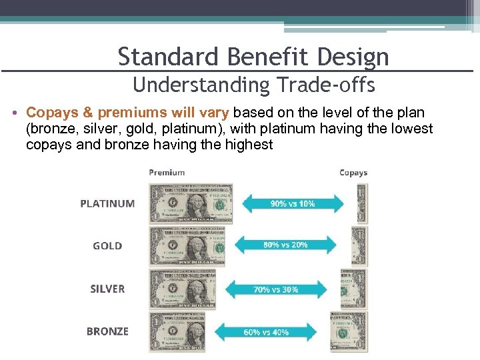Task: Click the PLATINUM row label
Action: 107,203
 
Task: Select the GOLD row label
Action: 107,246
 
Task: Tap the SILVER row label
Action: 107,289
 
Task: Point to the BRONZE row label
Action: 107,331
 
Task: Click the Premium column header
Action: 167,172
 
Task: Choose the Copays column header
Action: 353,173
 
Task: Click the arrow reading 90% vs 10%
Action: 293,203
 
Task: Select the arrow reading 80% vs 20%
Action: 285,245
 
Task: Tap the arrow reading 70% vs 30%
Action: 276,289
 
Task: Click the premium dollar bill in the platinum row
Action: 191,203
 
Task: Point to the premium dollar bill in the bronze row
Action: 177,332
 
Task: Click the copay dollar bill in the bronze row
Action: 349,332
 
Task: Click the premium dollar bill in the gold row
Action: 187,246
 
